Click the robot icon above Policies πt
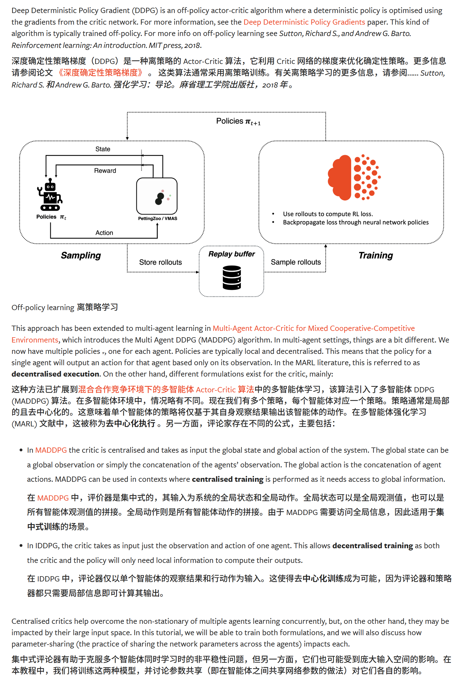click(50, 195)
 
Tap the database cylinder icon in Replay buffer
click(231, 278)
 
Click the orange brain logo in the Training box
click(354, 177)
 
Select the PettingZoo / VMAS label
click(158, 218)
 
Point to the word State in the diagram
click(103, 149)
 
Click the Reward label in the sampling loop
click(105, 171)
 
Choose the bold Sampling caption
click(81, 255)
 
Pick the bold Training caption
click(375, 255)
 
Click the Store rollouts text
click(160, 262)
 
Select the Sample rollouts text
click(296, 262)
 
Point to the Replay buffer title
click(231, 254)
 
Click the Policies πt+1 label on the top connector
click(238, 121)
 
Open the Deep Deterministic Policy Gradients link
click(304, 22)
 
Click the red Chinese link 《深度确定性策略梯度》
click(100, 73)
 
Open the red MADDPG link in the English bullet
click(51, 450)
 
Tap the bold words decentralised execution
click(55, 374)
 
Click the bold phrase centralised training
click(228, 479)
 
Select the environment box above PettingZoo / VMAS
click(157, 196)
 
